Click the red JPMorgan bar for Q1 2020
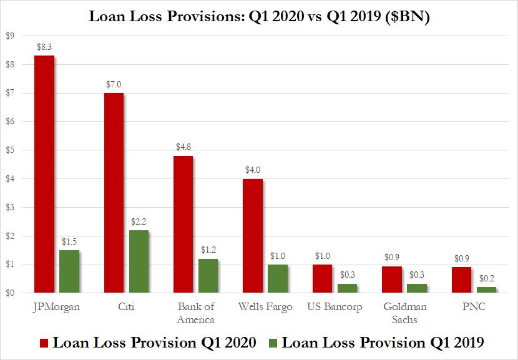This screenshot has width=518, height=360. click(x=44, y=174)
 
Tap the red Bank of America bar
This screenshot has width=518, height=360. click(x=183, y=225)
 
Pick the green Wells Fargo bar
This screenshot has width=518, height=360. click(x=278, y=278)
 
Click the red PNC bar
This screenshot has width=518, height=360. click(x=461, y=280)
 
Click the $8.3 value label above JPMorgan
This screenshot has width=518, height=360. click(x=44, y=47)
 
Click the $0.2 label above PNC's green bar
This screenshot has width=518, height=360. click(x=486, y=279)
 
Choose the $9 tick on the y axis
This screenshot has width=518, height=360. click(x=10, y=36)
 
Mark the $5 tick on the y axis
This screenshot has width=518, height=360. click(x=10, y=150)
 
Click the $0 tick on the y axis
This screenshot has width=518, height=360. click(x=10, y=293)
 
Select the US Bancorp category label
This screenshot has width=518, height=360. click(x=335, y=308)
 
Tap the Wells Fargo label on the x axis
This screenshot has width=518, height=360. click(x=265, y=308)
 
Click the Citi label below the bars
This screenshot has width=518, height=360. click(x=125, y=308)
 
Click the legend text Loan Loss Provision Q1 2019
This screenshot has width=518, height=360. click(x=383, y=343)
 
